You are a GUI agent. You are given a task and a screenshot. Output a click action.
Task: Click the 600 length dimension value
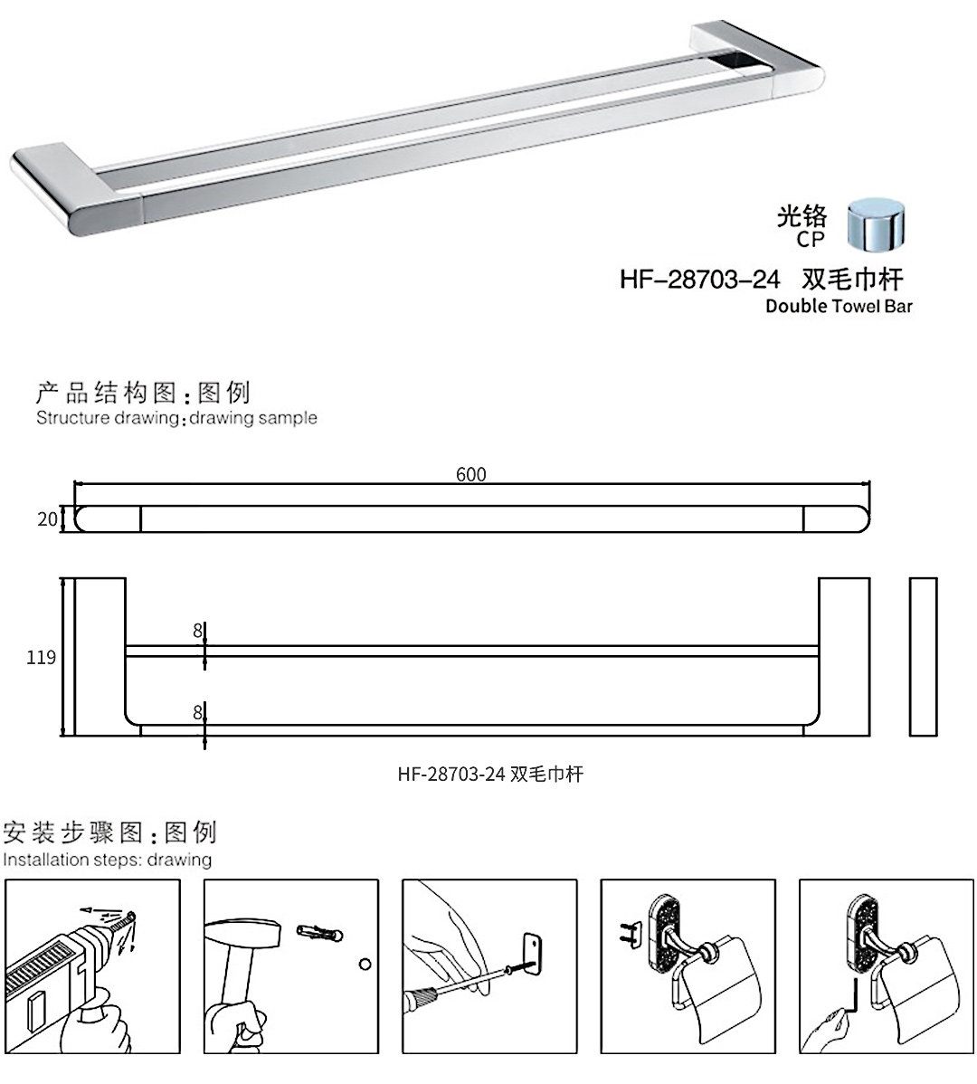pyautogui.click(x=471, y=475)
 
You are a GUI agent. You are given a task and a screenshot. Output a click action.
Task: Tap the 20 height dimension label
pyautogui.click(x=47, y=519)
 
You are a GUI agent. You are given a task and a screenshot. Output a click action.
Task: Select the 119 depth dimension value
pyautogui.click(x=42, y=658)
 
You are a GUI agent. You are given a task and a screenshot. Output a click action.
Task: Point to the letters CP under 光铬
pyautogui.click(x=811, y=240)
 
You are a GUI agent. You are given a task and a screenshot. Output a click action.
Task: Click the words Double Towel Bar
pyautogui.click(x=839, y=306)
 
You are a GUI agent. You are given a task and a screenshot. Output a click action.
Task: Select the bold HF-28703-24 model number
pyautogui.click(x=699, y=280)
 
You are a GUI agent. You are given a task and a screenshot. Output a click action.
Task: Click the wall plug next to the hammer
pyautogui.click(x=318, y=932)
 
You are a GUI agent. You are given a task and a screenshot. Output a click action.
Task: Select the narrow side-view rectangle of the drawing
pyautogui.click(x=923, y=656)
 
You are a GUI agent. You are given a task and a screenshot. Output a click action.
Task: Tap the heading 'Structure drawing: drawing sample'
pyautogui.click(x=176, y=418)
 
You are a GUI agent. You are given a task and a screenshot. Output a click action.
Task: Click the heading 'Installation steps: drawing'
pyautogui.click(x=107, y=860)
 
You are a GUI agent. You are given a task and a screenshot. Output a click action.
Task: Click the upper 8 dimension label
pyautogui.click(x=197, y=632)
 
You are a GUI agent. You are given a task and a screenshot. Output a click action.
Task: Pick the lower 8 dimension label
pyautogui.click(x=197, y=712)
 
